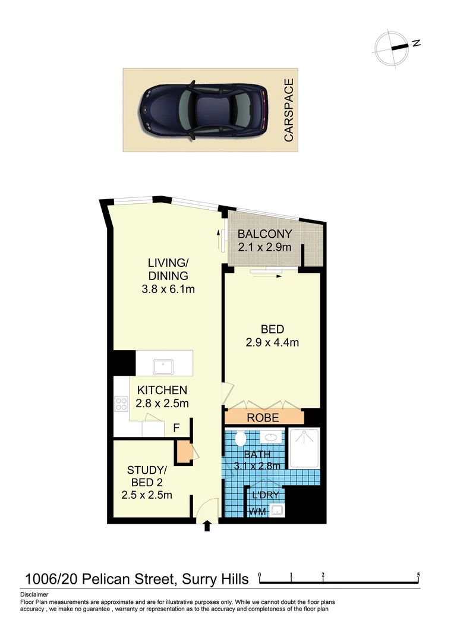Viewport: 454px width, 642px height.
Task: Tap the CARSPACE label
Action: click(x=289, y=111)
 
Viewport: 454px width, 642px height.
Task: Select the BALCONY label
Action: click(x=264, y=234)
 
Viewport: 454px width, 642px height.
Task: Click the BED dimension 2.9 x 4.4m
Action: click(x=272, y=342)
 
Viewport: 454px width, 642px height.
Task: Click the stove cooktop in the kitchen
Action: click(x=121, y=404)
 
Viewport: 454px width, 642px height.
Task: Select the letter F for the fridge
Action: click(x=176, y=427)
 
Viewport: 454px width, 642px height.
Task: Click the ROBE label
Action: click(x=263, y=417)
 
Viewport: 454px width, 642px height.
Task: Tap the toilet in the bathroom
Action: click(x=240, y=440)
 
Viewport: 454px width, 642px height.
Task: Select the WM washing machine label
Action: click(x=257, y=511)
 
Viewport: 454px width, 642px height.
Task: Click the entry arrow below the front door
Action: click(x=207, y=525)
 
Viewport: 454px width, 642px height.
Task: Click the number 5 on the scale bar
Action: click(x=419, y=575)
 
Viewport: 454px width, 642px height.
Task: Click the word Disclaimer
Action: click(x=34, y=594)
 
